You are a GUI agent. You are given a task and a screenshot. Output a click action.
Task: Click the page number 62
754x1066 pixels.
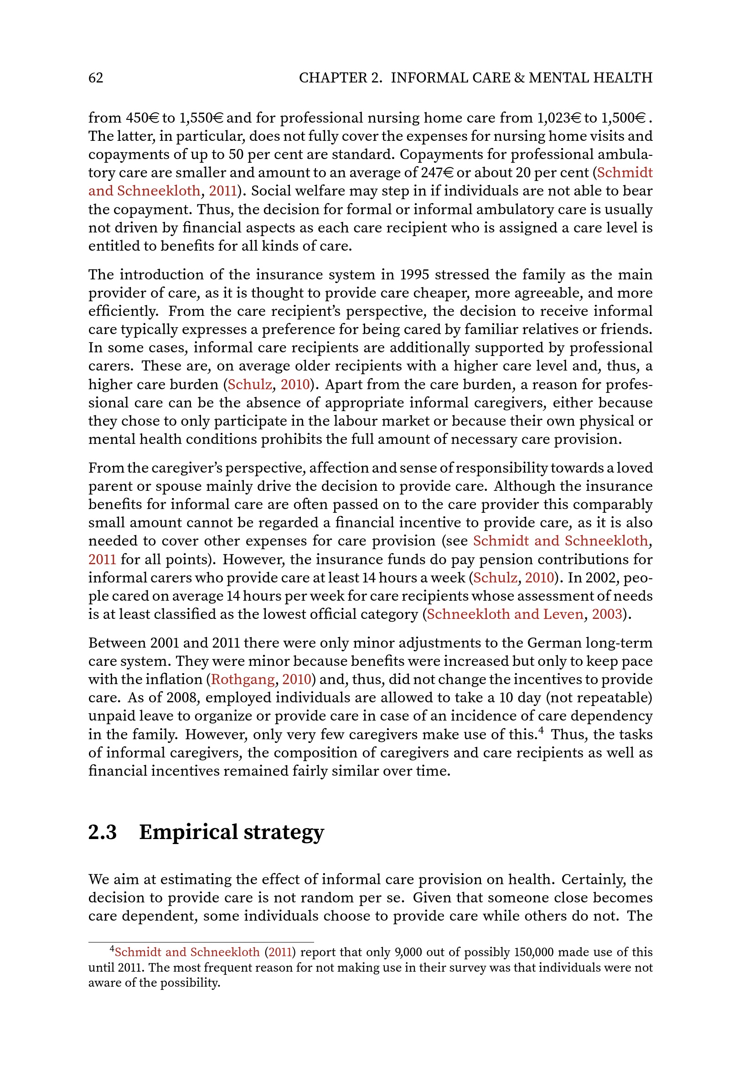point(96,77)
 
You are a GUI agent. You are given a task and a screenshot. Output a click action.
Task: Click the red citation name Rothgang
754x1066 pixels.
point(243,679)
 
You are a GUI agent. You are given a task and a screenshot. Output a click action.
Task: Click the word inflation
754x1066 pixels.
point(174,679)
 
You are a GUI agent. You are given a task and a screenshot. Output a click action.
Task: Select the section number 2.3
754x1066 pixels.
point(103,832)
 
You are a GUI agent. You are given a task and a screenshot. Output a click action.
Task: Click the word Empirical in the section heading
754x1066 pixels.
point(189,832)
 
